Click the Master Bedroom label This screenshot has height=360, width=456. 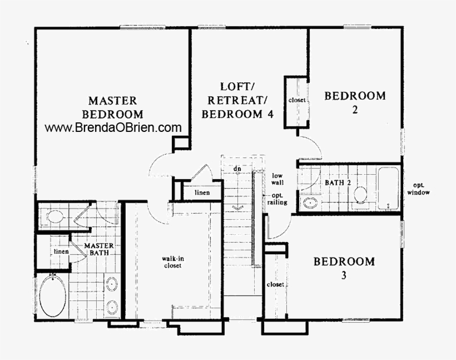pos(112,107)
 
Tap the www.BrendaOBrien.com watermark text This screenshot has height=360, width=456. pos(113,127)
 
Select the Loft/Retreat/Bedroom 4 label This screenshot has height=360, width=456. pos(237,101)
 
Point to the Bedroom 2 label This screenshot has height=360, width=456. pos(355,102)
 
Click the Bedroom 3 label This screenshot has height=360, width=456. pos(344,267)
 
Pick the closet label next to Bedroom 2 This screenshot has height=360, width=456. pos(298,100)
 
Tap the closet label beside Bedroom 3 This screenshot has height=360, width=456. pos(275,284)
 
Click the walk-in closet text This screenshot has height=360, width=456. pos(172,262)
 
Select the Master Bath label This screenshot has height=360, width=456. pos(99,249)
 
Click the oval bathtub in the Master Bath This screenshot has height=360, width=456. pos(53,296)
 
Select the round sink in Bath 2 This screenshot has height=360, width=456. pos(309,203)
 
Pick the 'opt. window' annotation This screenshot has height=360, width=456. pos(418,189)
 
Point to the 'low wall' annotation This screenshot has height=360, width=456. pos(277,179)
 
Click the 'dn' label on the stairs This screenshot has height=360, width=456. pos(237,169)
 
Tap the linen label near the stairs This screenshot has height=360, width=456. pos(201,193)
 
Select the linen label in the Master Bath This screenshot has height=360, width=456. pos(60,251)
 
